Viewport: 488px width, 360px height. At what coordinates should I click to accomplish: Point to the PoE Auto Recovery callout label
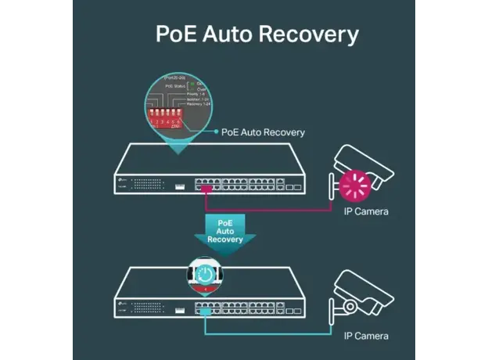pos(264,133)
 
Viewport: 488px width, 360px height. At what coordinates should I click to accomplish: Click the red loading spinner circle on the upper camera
pos(354,185)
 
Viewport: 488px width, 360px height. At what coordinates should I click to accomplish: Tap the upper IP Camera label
pos(366,211)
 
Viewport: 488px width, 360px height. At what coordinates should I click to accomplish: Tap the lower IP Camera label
pos(366,335)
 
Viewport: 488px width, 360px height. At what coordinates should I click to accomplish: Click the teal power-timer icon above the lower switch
pos(204,275)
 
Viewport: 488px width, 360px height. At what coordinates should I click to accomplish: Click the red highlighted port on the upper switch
pos(207,188)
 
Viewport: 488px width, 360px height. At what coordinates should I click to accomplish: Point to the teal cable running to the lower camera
pos(274,334)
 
